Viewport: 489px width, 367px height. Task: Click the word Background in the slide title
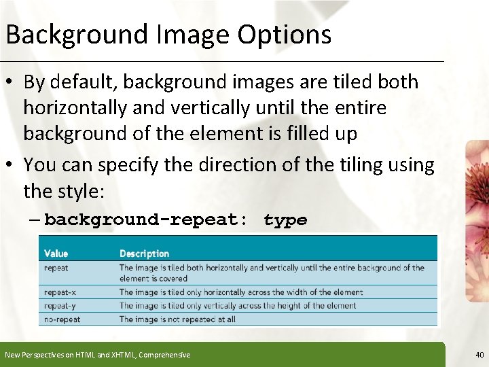75,35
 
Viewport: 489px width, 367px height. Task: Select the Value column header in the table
56,254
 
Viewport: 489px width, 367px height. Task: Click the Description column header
144,254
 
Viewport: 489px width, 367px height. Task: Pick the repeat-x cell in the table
60,292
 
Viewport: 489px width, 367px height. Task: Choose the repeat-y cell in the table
60,306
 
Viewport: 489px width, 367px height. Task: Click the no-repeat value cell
62,319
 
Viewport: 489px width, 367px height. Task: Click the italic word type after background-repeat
285,220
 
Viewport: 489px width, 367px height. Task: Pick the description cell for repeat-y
238,306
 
